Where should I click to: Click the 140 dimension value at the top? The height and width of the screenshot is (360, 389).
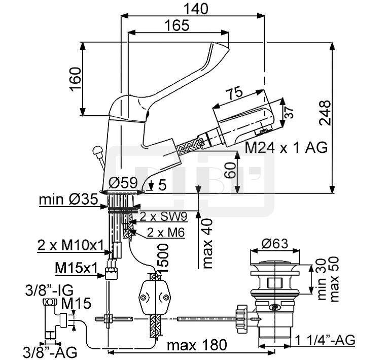click(x=196, y=9)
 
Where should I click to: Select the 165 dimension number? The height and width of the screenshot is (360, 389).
click(x=177, y=25)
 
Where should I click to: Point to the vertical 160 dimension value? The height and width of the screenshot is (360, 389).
click(x=75, y=79)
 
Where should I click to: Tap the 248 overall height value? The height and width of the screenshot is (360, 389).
click(x=325, y=113)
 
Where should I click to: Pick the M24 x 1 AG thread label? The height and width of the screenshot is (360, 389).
click(x=286, y=148)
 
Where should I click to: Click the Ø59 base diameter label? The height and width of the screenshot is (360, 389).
click(x=123, y=183)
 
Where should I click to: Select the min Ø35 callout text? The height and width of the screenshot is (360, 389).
click(x=68, y=199)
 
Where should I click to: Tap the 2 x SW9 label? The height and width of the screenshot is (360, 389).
click(x=163, y=217)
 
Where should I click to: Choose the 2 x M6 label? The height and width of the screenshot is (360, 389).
click(x=166, y=233)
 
